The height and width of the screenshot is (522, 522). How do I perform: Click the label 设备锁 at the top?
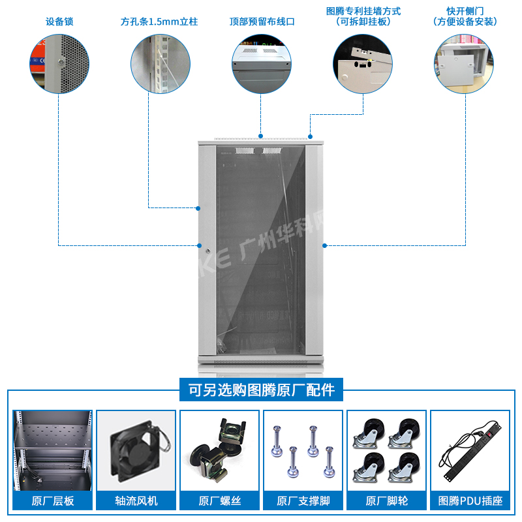click(x=59, y=22)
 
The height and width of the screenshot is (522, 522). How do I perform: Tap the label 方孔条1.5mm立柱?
click(x=159, y=22)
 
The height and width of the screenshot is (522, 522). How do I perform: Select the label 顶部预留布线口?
click(x=262, y=22)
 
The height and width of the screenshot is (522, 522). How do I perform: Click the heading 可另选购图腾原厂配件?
click(x=261, y=390)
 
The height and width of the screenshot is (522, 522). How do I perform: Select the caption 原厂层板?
click(x=53, y=501)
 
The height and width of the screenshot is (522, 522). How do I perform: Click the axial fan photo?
click(x=136, y=450)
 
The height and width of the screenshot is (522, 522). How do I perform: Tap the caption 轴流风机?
click(x=136, y=501)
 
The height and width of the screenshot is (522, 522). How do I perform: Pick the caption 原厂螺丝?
click(x=220, y=501)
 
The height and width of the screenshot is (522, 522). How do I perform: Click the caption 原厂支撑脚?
click(x=303, y=501)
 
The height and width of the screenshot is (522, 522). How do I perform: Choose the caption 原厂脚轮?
click(x=387, y=501)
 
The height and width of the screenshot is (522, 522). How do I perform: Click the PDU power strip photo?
click(x=470, y=450)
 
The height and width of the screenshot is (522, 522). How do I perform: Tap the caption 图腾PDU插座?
click(x=470, y=501)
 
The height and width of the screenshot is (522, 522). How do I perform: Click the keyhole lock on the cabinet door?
click(x=208, y=250)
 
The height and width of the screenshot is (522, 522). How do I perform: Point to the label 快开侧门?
click(x=465, y=12)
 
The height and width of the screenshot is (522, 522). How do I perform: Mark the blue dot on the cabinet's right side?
click(x=324, y=245)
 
